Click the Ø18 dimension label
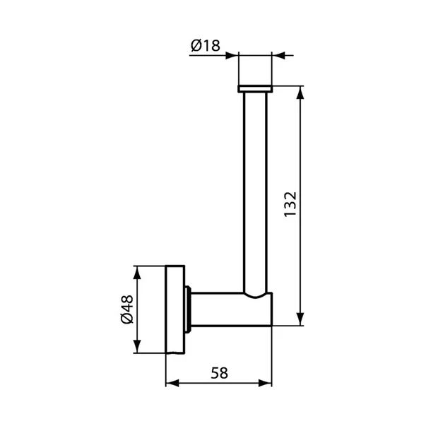click(206, 46)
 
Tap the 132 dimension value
click(290, 204)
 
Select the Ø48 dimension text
click(127, 309)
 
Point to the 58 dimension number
click(219, 373)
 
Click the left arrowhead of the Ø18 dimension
click(232, 56)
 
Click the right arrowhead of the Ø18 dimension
click(278, 56)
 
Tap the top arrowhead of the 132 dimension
click(300, 93)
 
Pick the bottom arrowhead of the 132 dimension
click(300, 319)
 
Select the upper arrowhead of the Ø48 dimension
click(137, 273)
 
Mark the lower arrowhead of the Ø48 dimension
click(137, 347)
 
